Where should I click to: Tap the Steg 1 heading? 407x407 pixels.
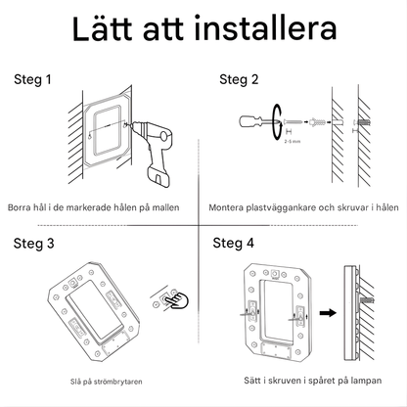(x=31, y=79)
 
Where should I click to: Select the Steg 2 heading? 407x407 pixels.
(x=239, y=79)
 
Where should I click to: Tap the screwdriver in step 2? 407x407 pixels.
(x=256, y=124)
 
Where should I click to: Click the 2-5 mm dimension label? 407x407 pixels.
(x=292, y=143)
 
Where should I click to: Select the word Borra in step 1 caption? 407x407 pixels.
(x=20, y=208)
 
